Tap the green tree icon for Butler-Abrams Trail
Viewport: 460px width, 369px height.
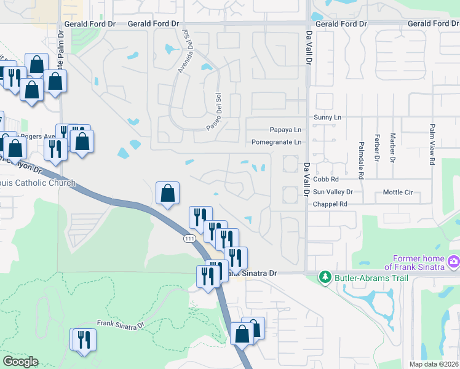tap(325, 278)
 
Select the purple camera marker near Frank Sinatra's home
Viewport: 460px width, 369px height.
tap(453, 261)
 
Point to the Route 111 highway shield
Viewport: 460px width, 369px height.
tap(189, 239)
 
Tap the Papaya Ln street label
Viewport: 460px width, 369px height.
tap(286, 130)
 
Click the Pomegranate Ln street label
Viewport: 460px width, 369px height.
tap(277, 142)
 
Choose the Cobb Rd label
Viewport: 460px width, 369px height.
tap(326, 180)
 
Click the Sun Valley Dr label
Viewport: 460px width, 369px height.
tap(332, 192)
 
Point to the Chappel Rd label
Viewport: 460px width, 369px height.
tap(327, 204)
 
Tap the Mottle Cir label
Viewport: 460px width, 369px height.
tap(398, 192)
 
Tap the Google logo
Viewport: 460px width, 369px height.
tap(20, 362)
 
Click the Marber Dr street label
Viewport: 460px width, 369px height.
tap(392, 150)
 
